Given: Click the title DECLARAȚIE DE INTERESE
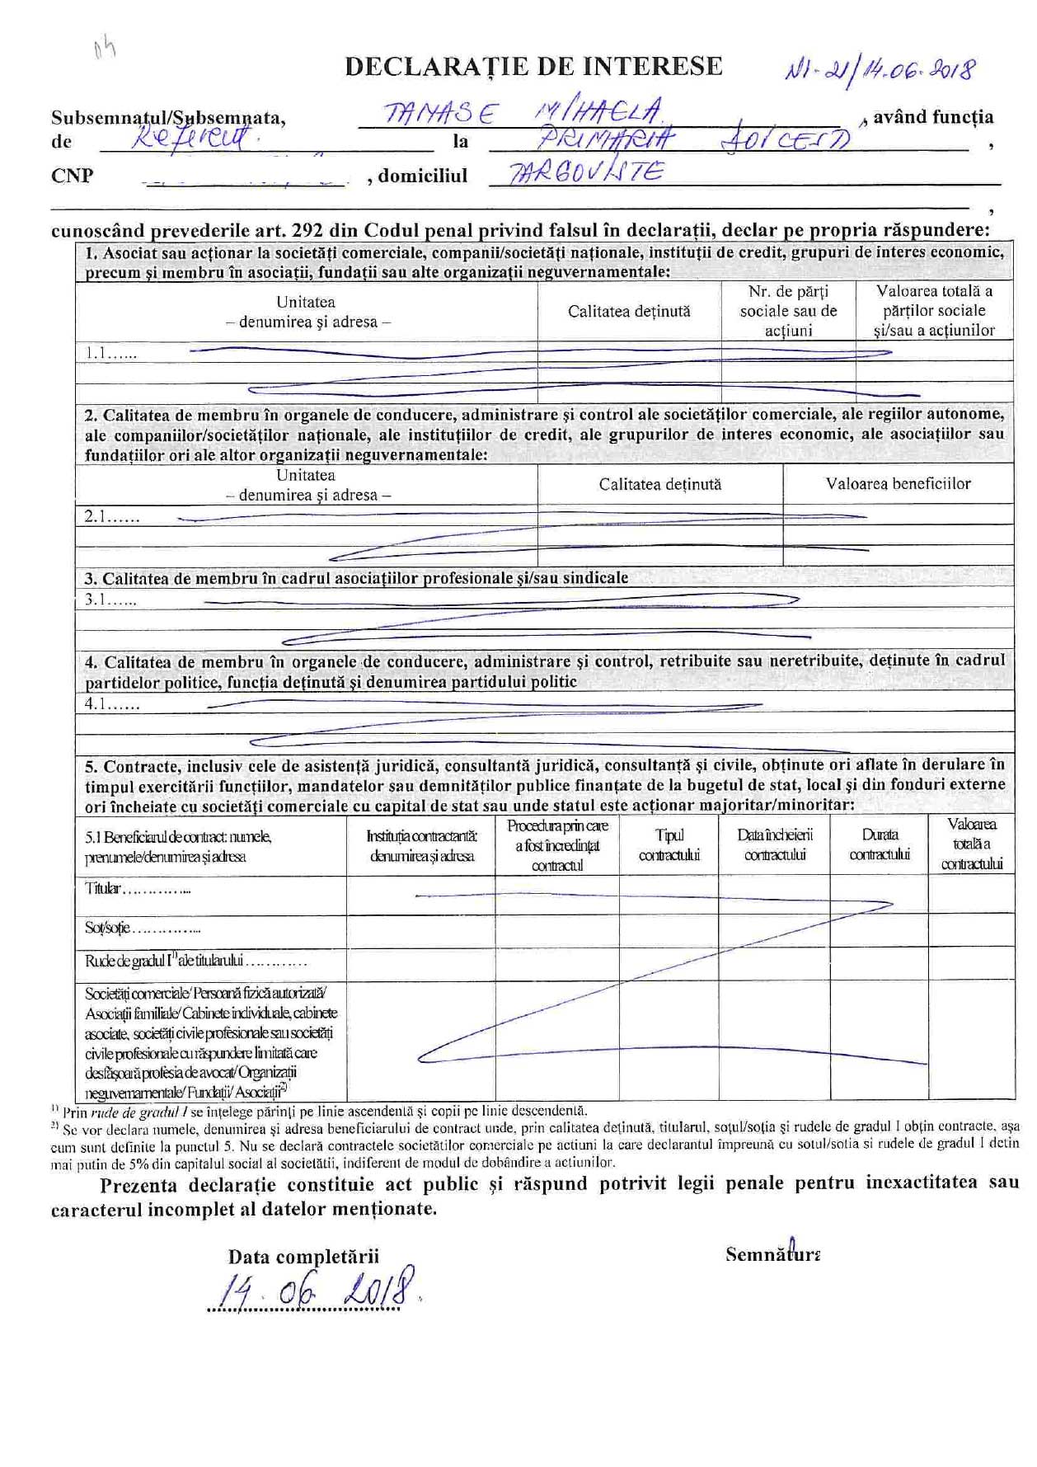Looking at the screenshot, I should (533, 67).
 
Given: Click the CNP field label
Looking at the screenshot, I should (73, 176).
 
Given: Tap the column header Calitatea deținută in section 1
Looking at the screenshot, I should (629, 311).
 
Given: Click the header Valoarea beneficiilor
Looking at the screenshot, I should (898, 484).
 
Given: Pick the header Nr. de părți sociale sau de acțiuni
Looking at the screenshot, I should (788, 311).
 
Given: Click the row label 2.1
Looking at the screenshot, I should (111, 518).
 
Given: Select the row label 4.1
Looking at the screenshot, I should (111, 704).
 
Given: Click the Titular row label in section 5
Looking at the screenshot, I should (138, 889).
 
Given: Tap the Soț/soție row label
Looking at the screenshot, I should (142, 929).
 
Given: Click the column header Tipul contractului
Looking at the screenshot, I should (669, 845).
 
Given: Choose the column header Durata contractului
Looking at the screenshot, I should (879, 845).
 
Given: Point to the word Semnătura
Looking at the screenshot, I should (772, 1254).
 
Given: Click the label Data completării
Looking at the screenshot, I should (303, 1257).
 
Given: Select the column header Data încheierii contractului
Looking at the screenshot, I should (774, 845).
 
